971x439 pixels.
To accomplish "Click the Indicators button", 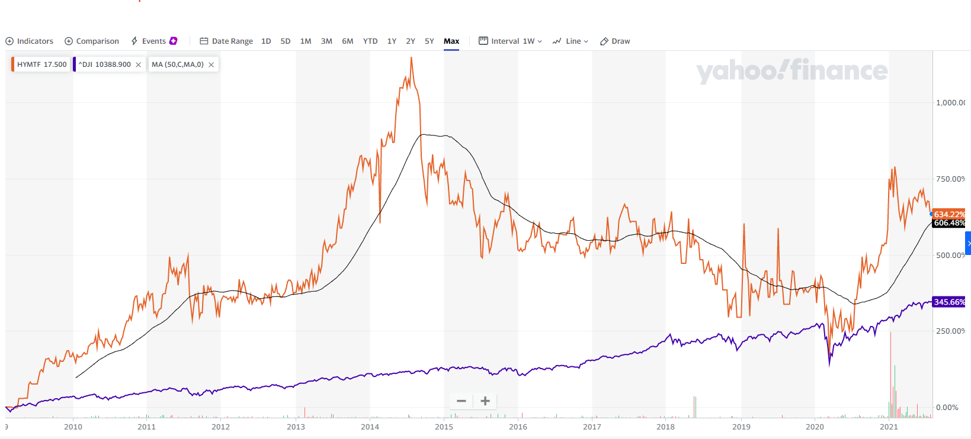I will (x=30, y=41).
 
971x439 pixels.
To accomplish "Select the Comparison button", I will (x=92, y=41).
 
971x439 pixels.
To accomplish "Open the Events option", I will (x=153, y=41).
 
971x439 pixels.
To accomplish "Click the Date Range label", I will (x=226, y=41).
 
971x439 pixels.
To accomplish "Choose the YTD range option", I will (x=370, y=41).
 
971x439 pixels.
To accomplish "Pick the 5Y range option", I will (x=430, y=41).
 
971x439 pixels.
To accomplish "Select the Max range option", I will (x=451, y=41).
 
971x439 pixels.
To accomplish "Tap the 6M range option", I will (x=348, y=41).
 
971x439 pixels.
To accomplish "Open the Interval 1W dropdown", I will (x=511, y=41).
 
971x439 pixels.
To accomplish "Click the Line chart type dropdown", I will (x=571, y=41).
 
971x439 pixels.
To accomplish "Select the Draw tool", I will (x=615, y=41).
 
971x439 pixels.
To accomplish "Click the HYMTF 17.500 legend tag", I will (x=41, y=64).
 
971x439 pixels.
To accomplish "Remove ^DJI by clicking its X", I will (x=139, y=65).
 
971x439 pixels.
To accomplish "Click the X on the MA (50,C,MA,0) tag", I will (x=211, y=65).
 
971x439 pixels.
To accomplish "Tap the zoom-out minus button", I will (x=462, y=401).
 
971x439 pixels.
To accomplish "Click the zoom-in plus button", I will (x=485, y=401).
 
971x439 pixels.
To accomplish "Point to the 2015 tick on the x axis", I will (x=444, y=427).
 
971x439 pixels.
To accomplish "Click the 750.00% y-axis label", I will (x=950, y=179).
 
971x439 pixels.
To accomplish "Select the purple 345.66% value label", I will (x=949, y=302).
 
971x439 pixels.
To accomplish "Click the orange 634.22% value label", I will (x=949, y=214).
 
